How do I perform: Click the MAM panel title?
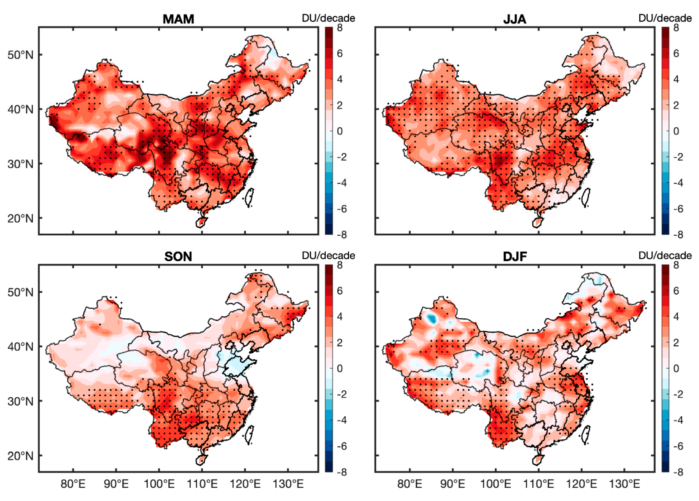click(178, 19)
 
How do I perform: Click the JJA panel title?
click(514, 19)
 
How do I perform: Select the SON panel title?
click(178, 256)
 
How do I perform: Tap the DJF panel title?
click(514, 256)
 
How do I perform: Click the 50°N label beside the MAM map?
click(20, 55)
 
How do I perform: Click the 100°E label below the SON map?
click(159, 484)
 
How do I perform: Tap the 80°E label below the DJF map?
click(409, 484)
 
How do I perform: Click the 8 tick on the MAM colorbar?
click(340, 28)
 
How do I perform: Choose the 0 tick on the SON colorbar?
click(340, 368)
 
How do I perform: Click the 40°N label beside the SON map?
click(20, 347)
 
